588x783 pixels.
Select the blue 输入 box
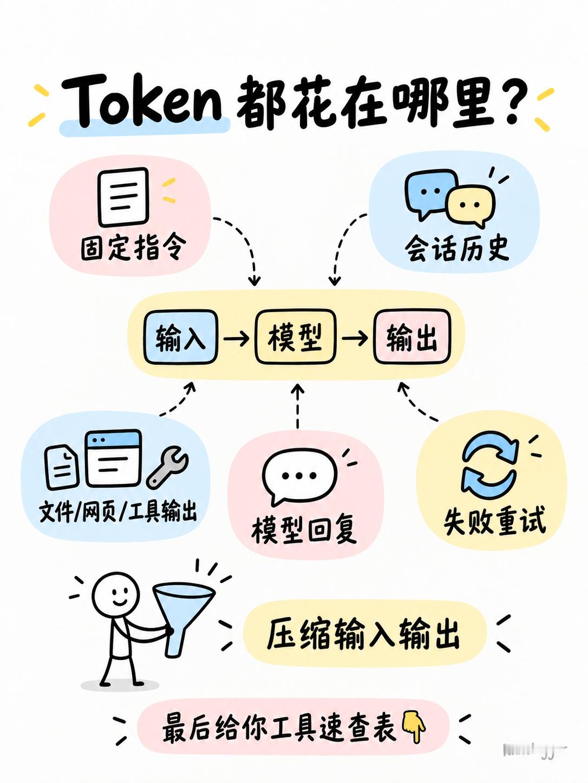point(181,337)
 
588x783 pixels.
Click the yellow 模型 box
point(295,337)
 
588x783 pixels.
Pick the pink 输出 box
point(412,337)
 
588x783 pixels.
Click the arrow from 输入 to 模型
point(237,337)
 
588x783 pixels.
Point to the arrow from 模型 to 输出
point(355,337)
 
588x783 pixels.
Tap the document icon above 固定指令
point(123,197)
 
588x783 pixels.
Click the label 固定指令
point(134,248)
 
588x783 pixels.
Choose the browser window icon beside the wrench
point(113,458)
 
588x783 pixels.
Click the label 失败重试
point(495,521)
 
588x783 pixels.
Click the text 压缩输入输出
point(363,635)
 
